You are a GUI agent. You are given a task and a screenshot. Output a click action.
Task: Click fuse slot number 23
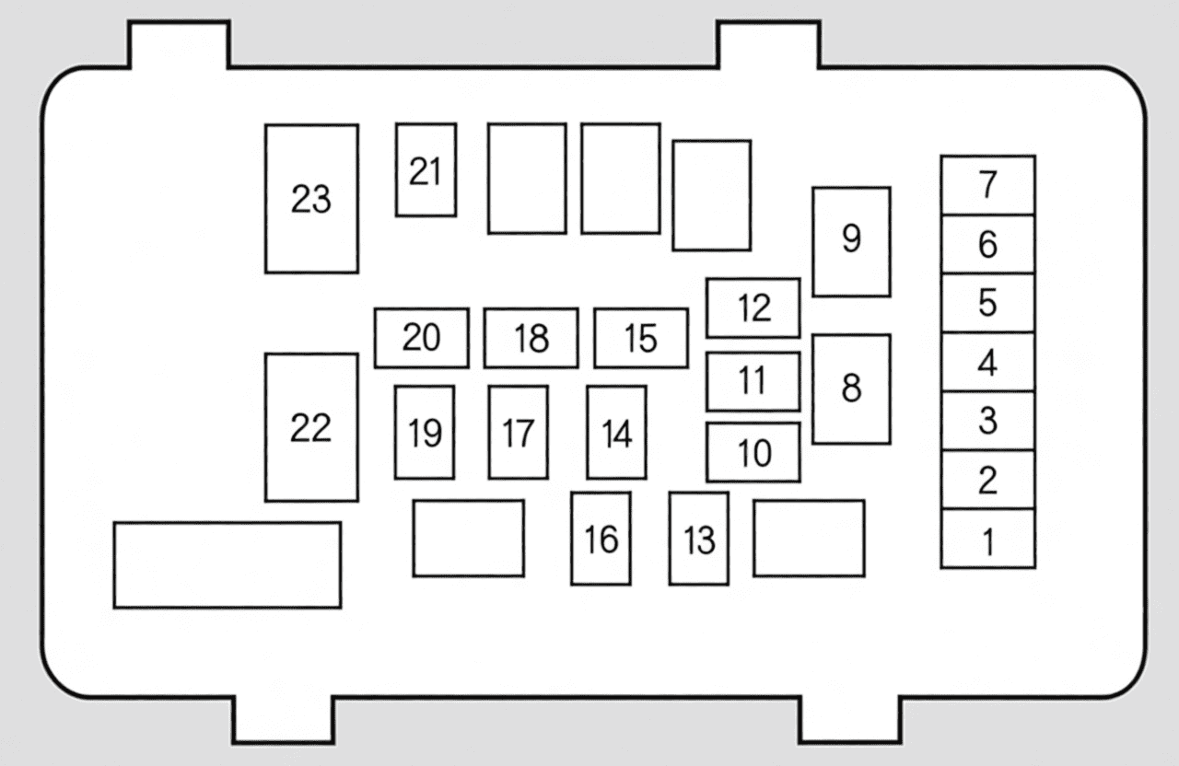coord(311,199)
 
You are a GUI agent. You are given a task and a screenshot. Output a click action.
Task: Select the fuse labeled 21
coord(426,170)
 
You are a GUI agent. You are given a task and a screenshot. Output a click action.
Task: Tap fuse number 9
coord(851,241)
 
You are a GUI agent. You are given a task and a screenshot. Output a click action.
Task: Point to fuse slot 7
coord(988,185)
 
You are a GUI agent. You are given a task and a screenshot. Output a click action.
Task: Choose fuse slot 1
coord(988,539)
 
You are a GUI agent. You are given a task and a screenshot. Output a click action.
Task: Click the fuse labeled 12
coord(753,308)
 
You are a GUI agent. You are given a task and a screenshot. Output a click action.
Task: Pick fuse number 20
coord(422,338)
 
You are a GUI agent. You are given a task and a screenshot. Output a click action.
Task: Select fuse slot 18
coord(531,338)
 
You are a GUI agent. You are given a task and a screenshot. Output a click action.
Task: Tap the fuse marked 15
coord(641,338)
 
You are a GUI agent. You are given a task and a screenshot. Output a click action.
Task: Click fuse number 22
coord(311,427)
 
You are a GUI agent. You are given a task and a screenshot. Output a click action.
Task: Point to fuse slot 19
coord(425,433)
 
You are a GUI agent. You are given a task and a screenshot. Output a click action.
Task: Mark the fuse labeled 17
coord(518,433)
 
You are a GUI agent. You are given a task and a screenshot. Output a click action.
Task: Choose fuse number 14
coord(616,433)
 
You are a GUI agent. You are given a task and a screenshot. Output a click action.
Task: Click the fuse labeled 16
coord(601,539)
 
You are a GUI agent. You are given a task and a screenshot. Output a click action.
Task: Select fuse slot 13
coord(699,539)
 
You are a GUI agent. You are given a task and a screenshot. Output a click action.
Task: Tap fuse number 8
coord(851,389)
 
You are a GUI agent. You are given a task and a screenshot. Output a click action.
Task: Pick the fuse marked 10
coord(753,452)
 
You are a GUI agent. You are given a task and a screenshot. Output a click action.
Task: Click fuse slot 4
coord(988,362)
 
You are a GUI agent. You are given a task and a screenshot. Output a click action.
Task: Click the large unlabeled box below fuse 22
coord(228,565)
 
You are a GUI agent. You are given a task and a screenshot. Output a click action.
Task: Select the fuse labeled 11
coord(753,381)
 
